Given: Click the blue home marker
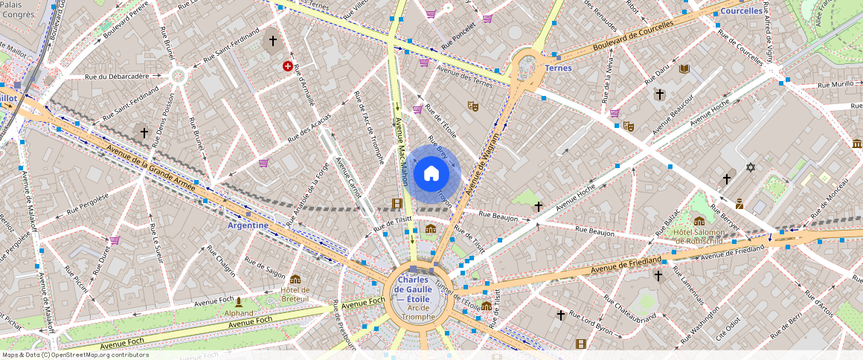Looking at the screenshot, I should pyautogui.click(x=431, y=174).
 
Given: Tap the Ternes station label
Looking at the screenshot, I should pyautogui.click(x=558, y=68).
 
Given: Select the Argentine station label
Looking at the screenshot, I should pyautogui.click(x=248, y=225).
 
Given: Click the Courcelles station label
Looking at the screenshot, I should pyautogui.click(x=741, y=11).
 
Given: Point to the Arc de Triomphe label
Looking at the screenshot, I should pyautogui.click(x=417, y=312).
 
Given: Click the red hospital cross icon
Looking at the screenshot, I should pyautogui.click(x=288, y=66).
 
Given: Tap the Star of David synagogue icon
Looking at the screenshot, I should pyautogui.click(x=750, y=167).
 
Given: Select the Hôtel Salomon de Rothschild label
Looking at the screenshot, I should pyautogui.click(x=699, y=237).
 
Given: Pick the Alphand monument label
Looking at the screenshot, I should pyautogui.click(x=239, y=313).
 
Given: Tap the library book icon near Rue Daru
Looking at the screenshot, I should pyautogui.click(x=684, y=69).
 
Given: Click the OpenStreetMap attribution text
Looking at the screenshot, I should pyautogui.click(x=75, y=355).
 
